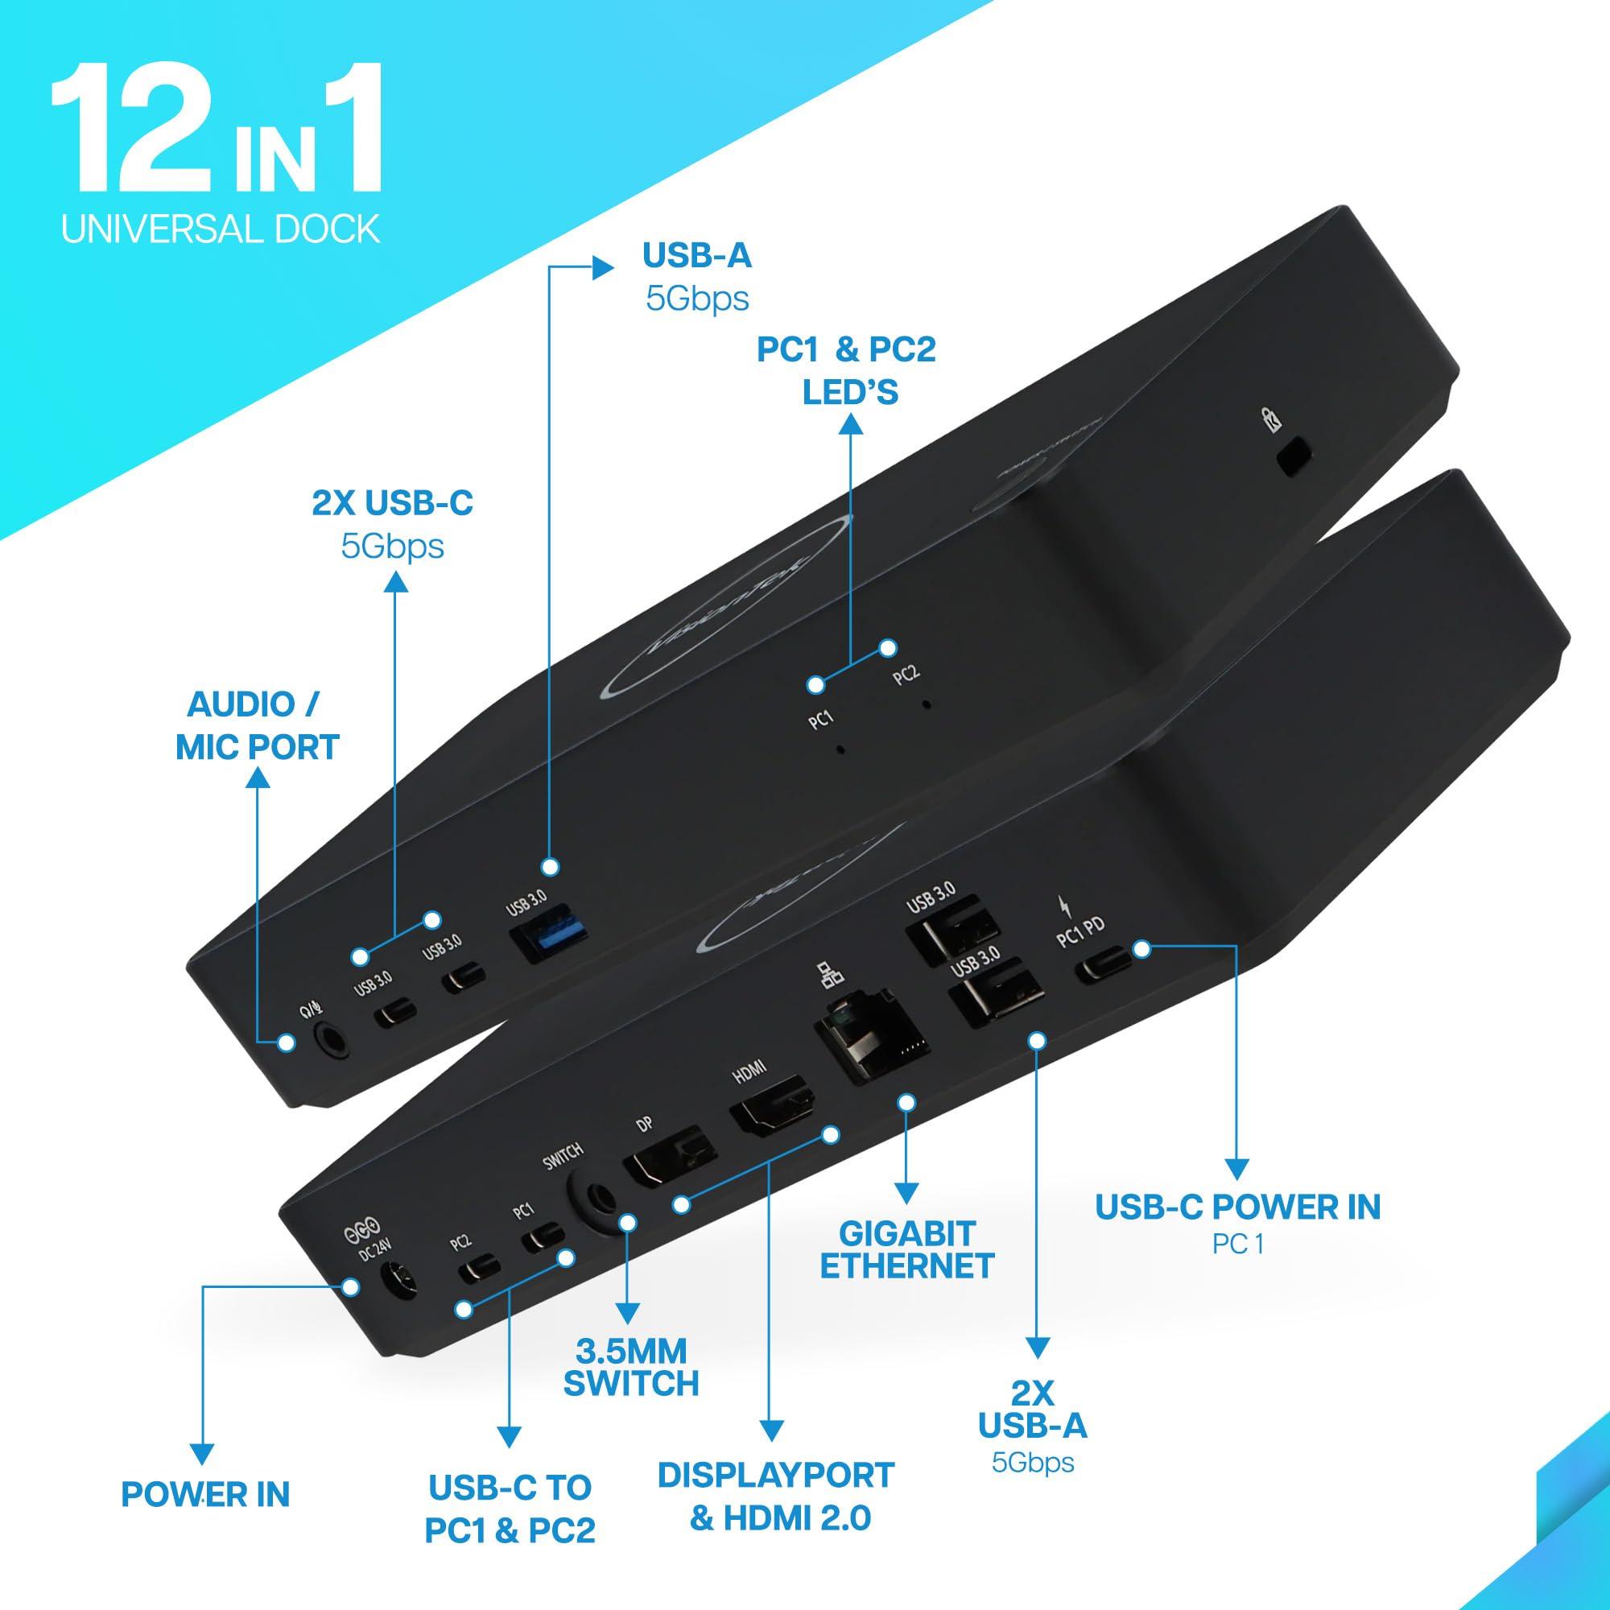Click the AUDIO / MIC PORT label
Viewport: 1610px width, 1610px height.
click(257, 726)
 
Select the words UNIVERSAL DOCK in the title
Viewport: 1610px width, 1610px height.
click(221, 228)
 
